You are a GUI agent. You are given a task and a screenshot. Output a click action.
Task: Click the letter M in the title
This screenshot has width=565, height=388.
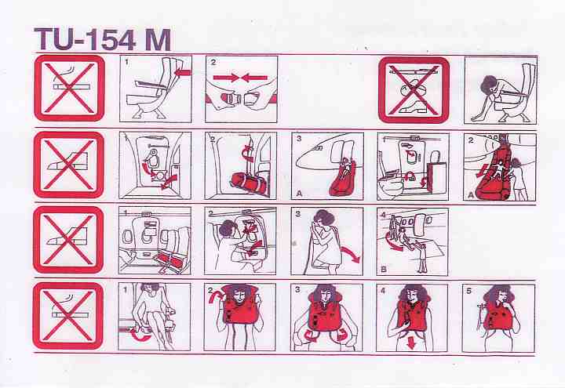click(158, 40)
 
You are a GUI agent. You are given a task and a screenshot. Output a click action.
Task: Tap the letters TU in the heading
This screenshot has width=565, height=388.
click(56, 39)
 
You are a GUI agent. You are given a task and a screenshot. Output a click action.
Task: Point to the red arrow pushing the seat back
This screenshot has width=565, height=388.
click(182, 73)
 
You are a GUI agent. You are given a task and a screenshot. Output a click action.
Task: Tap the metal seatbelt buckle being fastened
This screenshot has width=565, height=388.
click(229, 99)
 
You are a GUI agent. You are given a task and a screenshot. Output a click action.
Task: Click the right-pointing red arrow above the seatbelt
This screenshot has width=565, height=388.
click(225, 78)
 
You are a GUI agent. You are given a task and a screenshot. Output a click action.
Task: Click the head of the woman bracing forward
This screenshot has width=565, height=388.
click(490, 85)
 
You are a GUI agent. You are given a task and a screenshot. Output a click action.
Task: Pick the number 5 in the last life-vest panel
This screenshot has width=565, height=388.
click(468, 291)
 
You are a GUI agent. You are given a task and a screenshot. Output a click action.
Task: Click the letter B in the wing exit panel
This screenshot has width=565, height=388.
click(384, 269)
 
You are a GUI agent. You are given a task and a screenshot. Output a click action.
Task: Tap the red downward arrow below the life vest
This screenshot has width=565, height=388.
click(411, 343)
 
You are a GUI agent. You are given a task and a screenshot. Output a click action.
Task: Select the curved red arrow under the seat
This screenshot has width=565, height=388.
click(141, 335)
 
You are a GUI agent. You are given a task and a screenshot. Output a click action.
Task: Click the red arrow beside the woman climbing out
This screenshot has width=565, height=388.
click(350, 255)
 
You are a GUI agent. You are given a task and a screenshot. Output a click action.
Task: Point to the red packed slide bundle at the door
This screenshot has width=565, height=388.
click(245, 183)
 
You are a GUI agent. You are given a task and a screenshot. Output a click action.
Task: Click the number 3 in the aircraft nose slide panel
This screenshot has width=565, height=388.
click(298, 138)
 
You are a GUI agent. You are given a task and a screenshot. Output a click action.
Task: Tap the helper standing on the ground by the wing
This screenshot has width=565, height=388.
click(422, 257)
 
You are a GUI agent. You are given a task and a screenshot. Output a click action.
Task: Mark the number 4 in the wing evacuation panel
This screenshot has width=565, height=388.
click(384, 215)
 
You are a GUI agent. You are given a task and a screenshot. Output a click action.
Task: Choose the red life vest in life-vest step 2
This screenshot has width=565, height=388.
click(239, 305)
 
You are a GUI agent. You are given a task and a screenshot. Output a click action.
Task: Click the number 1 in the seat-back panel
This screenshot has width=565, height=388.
click(126, 62)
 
